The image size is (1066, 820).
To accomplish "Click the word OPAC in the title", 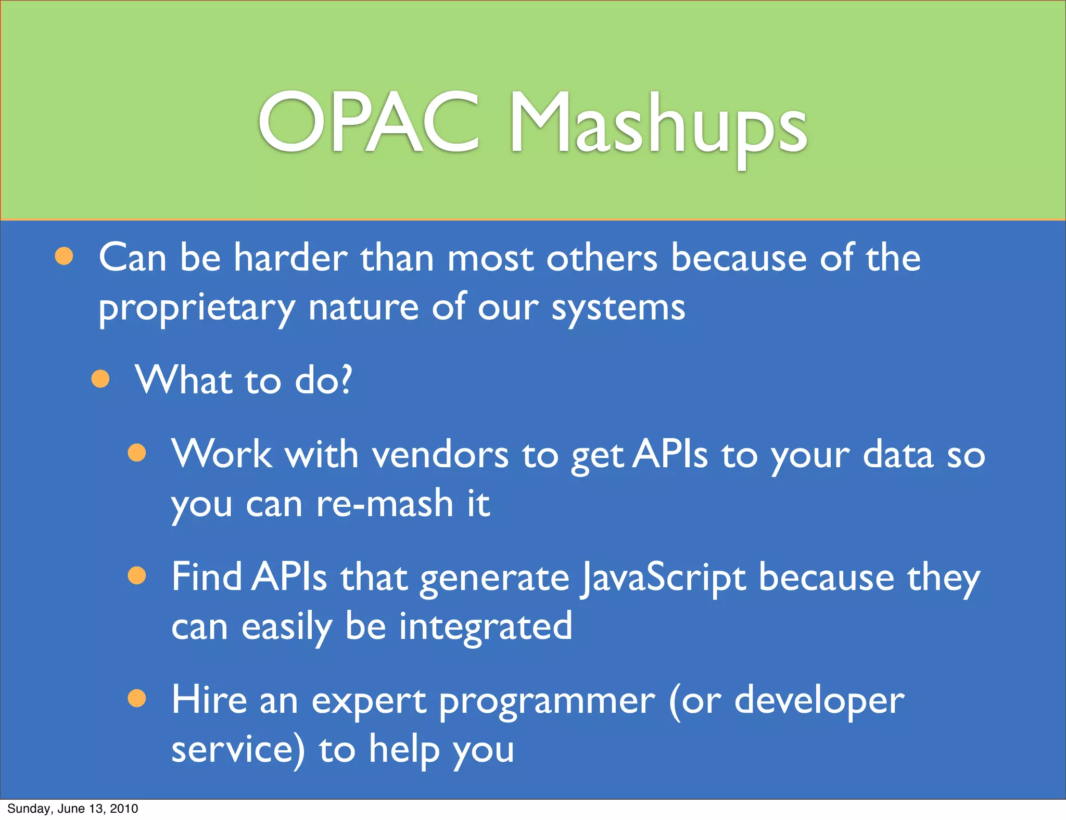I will (369, 123).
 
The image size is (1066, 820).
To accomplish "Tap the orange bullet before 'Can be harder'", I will (64, 256).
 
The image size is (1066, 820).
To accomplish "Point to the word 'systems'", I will (618, 309).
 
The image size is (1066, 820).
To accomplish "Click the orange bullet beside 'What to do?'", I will (100, 379).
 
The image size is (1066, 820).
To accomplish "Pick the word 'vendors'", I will (440, 455).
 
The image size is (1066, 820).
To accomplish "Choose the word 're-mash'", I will (385, 504).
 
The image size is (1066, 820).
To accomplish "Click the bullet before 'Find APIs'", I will (137, 576).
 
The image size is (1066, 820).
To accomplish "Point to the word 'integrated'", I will (485, 626).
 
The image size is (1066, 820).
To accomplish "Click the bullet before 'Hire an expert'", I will (137, 698).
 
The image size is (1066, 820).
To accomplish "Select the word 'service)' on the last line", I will (238, 750).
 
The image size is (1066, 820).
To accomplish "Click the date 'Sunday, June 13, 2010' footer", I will (73, 809).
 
